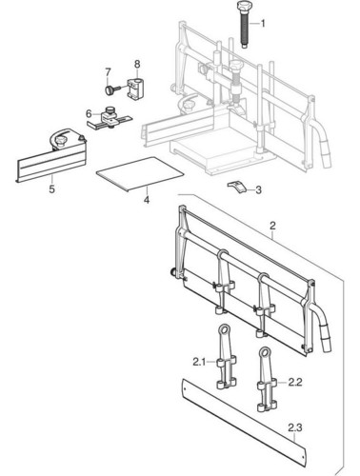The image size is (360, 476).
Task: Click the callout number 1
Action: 262,24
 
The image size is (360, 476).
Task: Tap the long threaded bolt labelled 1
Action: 244,25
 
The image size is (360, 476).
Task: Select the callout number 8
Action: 137,65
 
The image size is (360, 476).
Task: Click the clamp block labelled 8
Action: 135,89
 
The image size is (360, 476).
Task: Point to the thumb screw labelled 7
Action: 112,89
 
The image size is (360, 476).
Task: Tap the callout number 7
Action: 108,72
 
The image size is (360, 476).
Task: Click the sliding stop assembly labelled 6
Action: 109,119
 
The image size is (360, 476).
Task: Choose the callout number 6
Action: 89,113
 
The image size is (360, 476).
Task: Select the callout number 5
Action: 51,189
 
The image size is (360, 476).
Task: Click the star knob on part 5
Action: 61,139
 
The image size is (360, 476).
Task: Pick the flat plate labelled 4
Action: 140,174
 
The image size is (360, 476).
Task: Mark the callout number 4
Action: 147,200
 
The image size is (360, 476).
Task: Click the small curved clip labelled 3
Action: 236,187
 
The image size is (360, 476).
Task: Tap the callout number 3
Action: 258,190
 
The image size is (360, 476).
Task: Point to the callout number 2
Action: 272,226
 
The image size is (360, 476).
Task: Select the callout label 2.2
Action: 295,383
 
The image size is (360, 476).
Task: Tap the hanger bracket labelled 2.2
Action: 266,380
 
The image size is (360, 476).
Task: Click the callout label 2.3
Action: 295,428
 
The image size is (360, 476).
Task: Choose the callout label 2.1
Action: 199,362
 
